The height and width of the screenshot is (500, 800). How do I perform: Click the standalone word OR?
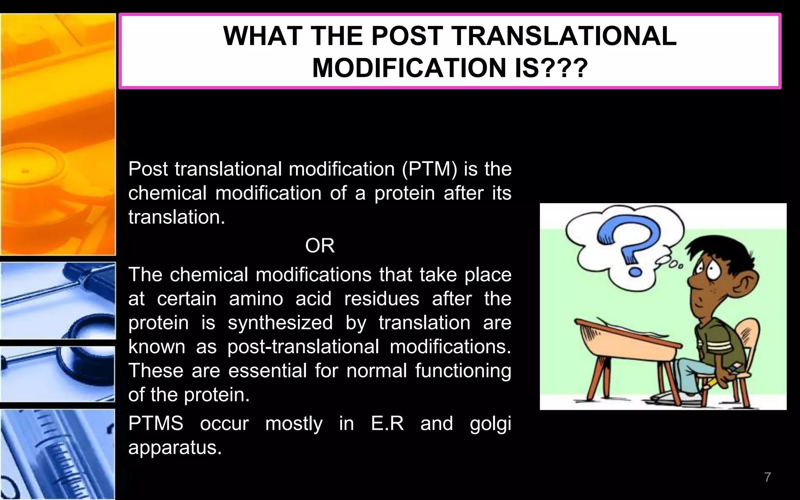click(320, 246)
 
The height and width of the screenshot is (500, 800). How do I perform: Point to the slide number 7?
click(768, 477)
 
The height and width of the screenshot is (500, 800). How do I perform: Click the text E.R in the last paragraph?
click(387, 423)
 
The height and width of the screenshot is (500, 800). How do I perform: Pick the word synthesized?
click(280, 323)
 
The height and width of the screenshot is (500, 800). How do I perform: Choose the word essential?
click(268, 371)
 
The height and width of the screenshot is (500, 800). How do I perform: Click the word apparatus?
click(175, 448)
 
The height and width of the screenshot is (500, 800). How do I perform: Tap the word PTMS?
click(156, 423)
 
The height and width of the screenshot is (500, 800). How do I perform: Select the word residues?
click(381, 299)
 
